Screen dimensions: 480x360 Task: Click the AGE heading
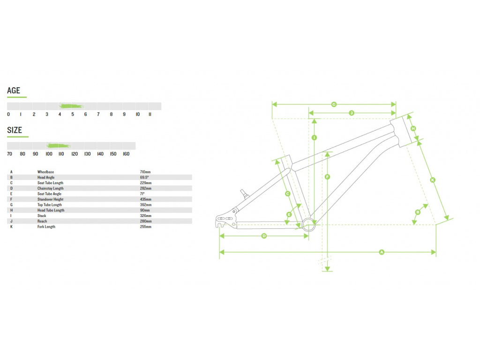14,90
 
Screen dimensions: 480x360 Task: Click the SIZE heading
15,130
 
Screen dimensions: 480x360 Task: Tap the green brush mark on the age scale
72,106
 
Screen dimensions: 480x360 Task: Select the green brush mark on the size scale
59,145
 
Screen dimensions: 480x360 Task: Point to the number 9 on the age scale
124,114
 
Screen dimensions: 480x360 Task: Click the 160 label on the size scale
126,154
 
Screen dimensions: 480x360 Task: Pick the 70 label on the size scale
9,154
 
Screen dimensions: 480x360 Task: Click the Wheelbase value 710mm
145,172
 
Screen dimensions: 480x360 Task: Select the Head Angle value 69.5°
144,177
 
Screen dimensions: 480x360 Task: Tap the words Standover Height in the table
51,199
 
